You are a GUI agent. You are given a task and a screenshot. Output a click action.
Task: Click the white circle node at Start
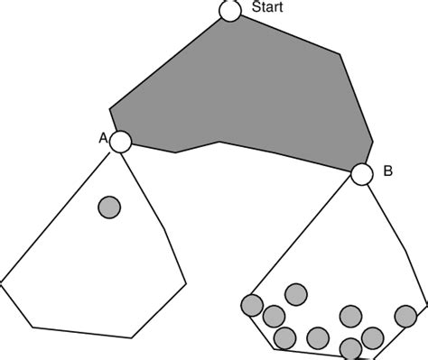(229, 11)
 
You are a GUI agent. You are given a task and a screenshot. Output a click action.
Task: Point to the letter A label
(102, 137)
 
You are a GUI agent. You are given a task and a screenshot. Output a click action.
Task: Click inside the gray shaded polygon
(244, 90)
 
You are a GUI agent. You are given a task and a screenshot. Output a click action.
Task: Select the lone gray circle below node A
(109, 208)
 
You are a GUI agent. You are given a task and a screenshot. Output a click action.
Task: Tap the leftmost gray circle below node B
(252, 305)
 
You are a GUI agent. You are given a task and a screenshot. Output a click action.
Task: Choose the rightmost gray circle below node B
(407, 315)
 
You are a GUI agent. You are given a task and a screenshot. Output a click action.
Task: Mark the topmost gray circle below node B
(294, 294)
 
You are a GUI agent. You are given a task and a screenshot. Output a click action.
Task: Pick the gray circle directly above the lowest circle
(350, 316)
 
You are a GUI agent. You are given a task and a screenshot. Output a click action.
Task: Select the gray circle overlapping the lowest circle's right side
(371, 338)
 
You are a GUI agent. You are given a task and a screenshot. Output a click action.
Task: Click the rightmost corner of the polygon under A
(187, 284)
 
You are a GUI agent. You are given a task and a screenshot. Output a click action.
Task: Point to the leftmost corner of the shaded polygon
(109, 111)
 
